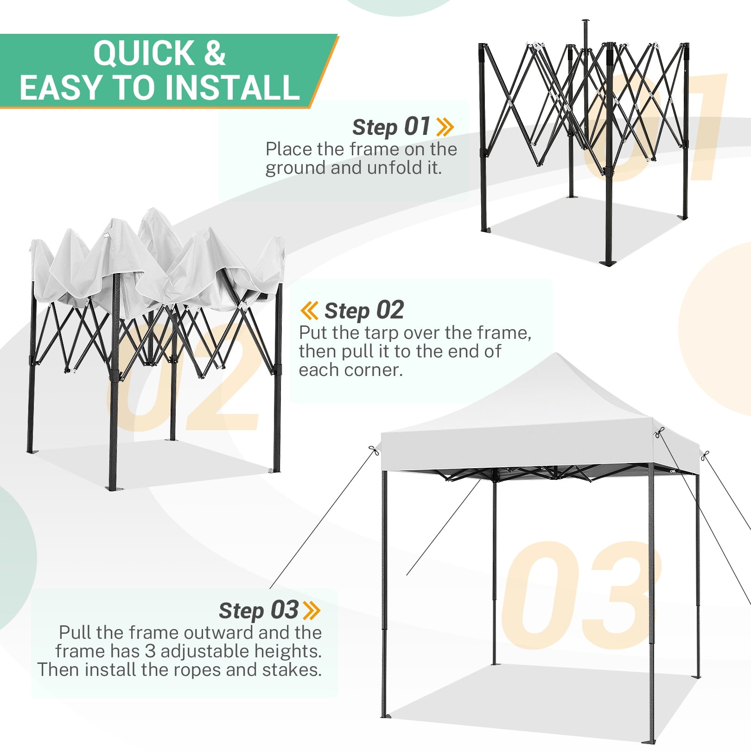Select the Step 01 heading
(391, 127)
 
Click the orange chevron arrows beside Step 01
(445, 127)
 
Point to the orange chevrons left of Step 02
(309, 310)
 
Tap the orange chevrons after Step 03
(312, 610)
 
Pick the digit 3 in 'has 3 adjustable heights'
(150, 651)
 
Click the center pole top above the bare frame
(585, 21)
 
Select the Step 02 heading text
(364, 311)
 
